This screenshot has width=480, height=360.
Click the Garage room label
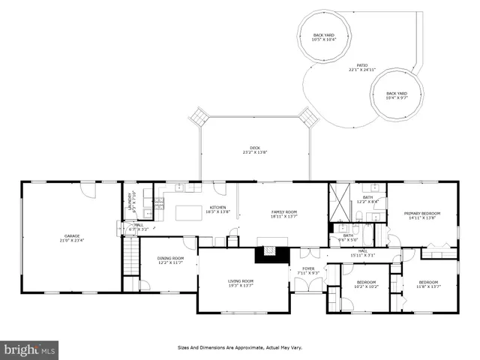71,238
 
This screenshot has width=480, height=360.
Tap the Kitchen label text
217,209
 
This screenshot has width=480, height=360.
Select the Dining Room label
170,260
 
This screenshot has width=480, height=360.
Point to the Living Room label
241,283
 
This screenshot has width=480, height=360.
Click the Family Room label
283,214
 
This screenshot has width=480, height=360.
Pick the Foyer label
308,270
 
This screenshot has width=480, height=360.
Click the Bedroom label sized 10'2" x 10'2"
366,284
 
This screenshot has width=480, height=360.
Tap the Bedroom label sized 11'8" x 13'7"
428,284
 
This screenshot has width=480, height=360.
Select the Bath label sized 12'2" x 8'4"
367,199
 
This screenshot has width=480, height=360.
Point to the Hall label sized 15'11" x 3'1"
362,253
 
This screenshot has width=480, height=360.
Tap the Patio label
362,68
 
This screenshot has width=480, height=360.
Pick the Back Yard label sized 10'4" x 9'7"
397,95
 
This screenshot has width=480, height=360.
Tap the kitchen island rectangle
188,212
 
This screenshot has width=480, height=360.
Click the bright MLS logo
30,349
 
